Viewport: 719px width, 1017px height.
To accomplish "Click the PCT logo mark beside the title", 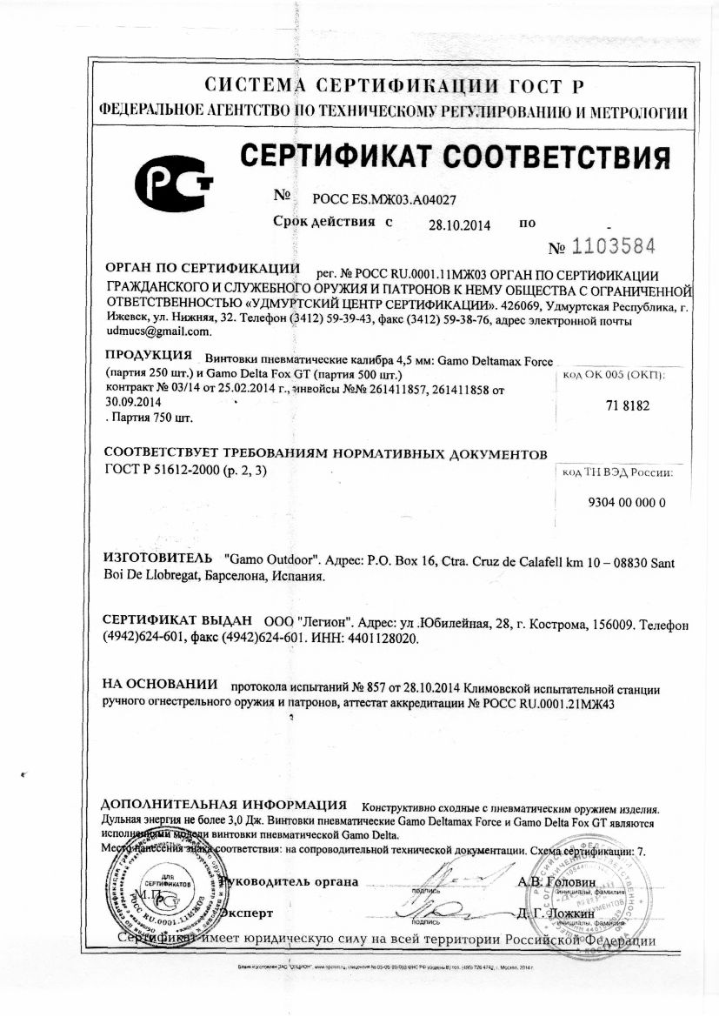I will (173, 182).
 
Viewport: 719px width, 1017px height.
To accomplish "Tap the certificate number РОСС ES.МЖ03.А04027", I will (378, 200).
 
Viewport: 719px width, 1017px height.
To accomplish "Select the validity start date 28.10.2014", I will (459, 224).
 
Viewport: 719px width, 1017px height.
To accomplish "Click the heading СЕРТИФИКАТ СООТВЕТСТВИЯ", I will (455, 158).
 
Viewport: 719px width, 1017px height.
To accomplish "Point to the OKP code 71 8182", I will (626, 405).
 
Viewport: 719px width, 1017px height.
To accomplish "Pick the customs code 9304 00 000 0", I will (626, 503).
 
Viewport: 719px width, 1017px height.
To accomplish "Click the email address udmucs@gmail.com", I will (157, 331).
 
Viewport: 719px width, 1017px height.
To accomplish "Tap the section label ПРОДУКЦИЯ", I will (148, 356).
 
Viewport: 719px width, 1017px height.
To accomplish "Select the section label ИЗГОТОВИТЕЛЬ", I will (156, 556).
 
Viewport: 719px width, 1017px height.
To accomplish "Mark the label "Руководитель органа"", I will (290, 881).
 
